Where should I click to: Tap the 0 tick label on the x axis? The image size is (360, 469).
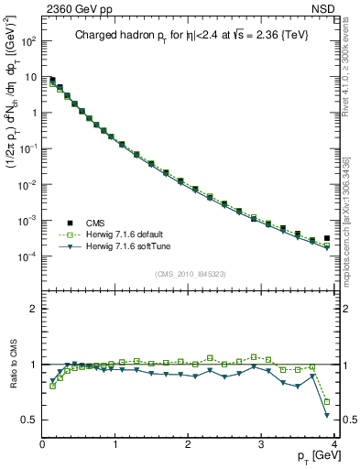pyautogui.click(x=42, y=444)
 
